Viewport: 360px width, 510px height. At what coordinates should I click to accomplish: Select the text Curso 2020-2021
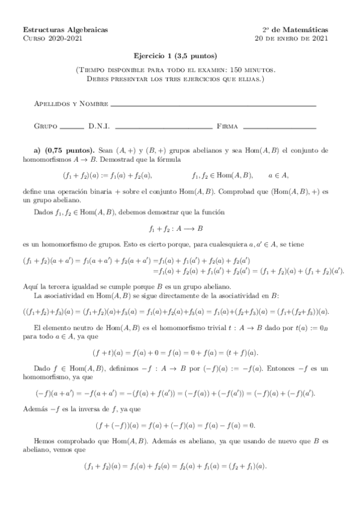click(53, 38)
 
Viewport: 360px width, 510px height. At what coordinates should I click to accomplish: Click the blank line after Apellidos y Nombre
click(213, 106)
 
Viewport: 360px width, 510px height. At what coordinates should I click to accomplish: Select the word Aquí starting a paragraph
click(31, 286)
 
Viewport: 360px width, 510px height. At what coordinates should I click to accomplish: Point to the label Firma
click(227, 127)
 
